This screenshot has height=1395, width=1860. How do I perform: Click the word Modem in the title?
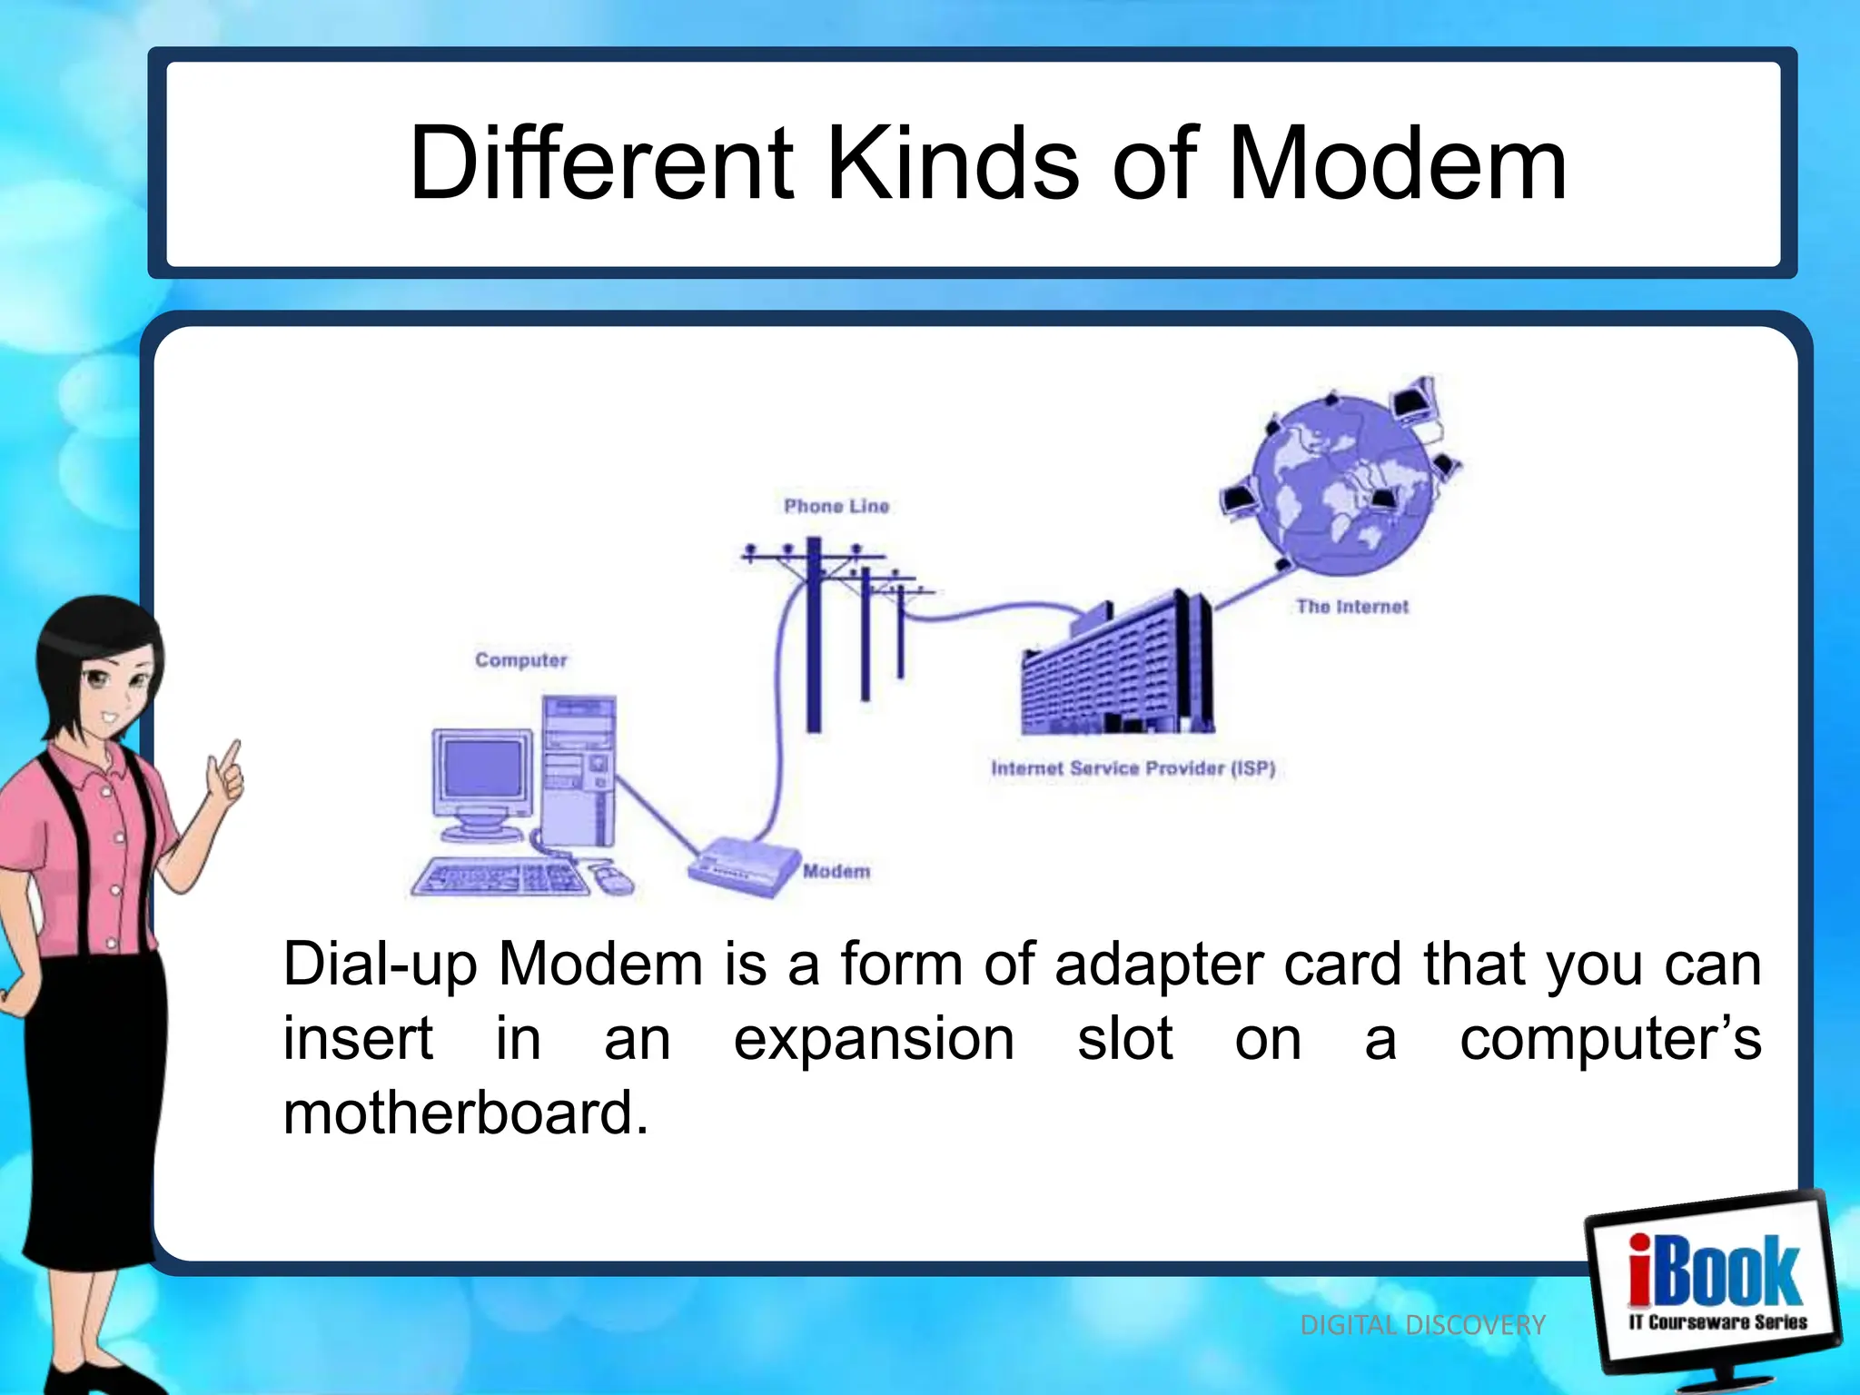[1396, 165]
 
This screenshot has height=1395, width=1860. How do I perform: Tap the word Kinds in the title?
[953, 165]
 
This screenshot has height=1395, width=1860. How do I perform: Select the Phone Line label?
[836, 506]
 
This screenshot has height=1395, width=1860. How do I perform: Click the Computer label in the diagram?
[520, 660]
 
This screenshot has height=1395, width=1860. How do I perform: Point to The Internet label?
[1351, 607]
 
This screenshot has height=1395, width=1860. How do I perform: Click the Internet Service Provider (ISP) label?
[1133, 768]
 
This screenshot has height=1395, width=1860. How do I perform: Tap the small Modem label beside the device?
[836, 871]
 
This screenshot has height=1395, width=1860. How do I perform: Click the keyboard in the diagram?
[500, 878]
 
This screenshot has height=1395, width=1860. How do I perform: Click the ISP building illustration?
[1117, 672]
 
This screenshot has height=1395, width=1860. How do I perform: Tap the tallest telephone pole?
[814, 636]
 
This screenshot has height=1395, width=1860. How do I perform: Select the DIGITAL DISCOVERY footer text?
[1422, 1325]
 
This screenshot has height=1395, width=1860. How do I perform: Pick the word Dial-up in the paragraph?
[380, 965]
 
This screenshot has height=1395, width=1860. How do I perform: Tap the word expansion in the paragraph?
[874, 1039]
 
